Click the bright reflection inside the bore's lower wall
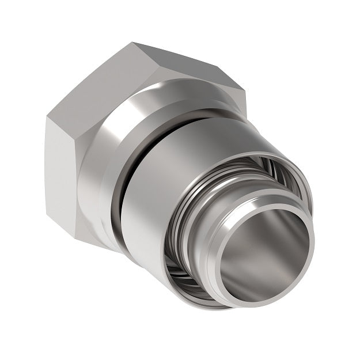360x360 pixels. [x=253, y=276]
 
